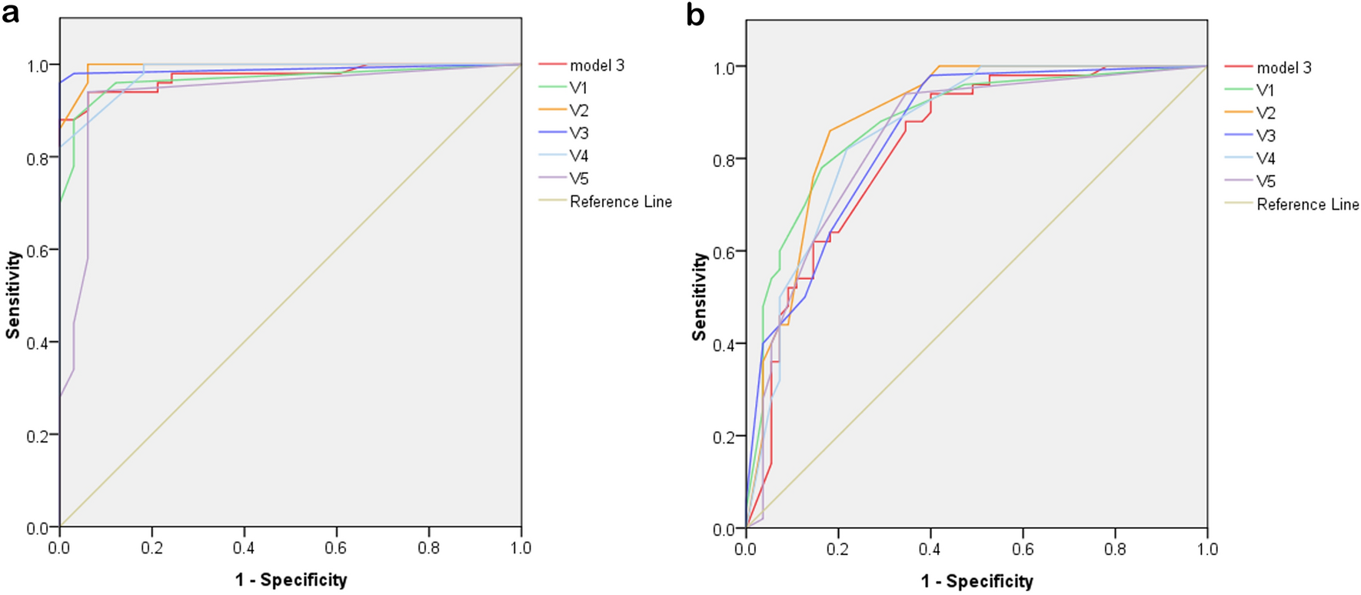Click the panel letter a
(x=10, y=13)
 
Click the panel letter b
(x=695, y=15)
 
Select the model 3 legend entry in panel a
(x=597, y=65)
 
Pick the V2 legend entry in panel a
(x=578, y=111)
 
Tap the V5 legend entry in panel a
(x=578, y=179)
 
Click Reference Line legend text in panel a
(x=621, y=202)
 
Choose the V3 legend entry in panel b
(x=1265, y=136)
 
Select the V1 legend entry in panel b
(x=1265, y=91)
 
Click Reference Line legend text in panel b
(x=1307, y=205)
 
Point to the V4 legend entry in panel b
(x=1265, y=159)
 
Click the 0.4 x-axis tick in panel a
(x=244, y=548)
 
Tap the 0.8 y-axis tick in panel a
(x=38, y=159)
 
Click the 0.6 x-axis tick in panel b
(x=1023, y=550)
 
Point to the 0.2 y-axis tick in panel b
(x=724, y=436)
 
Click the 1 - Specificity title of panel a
(x=291, y=580)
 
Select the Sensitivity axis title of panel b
(x=699, y=297)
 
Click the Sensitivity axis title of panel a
(x=12, y=296)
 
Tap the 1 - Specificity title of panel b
(x=977, y=581)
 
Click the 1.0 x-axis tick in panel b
(x=1207, y=550)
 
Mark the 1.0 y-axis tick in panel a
(x=38, y=66)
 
